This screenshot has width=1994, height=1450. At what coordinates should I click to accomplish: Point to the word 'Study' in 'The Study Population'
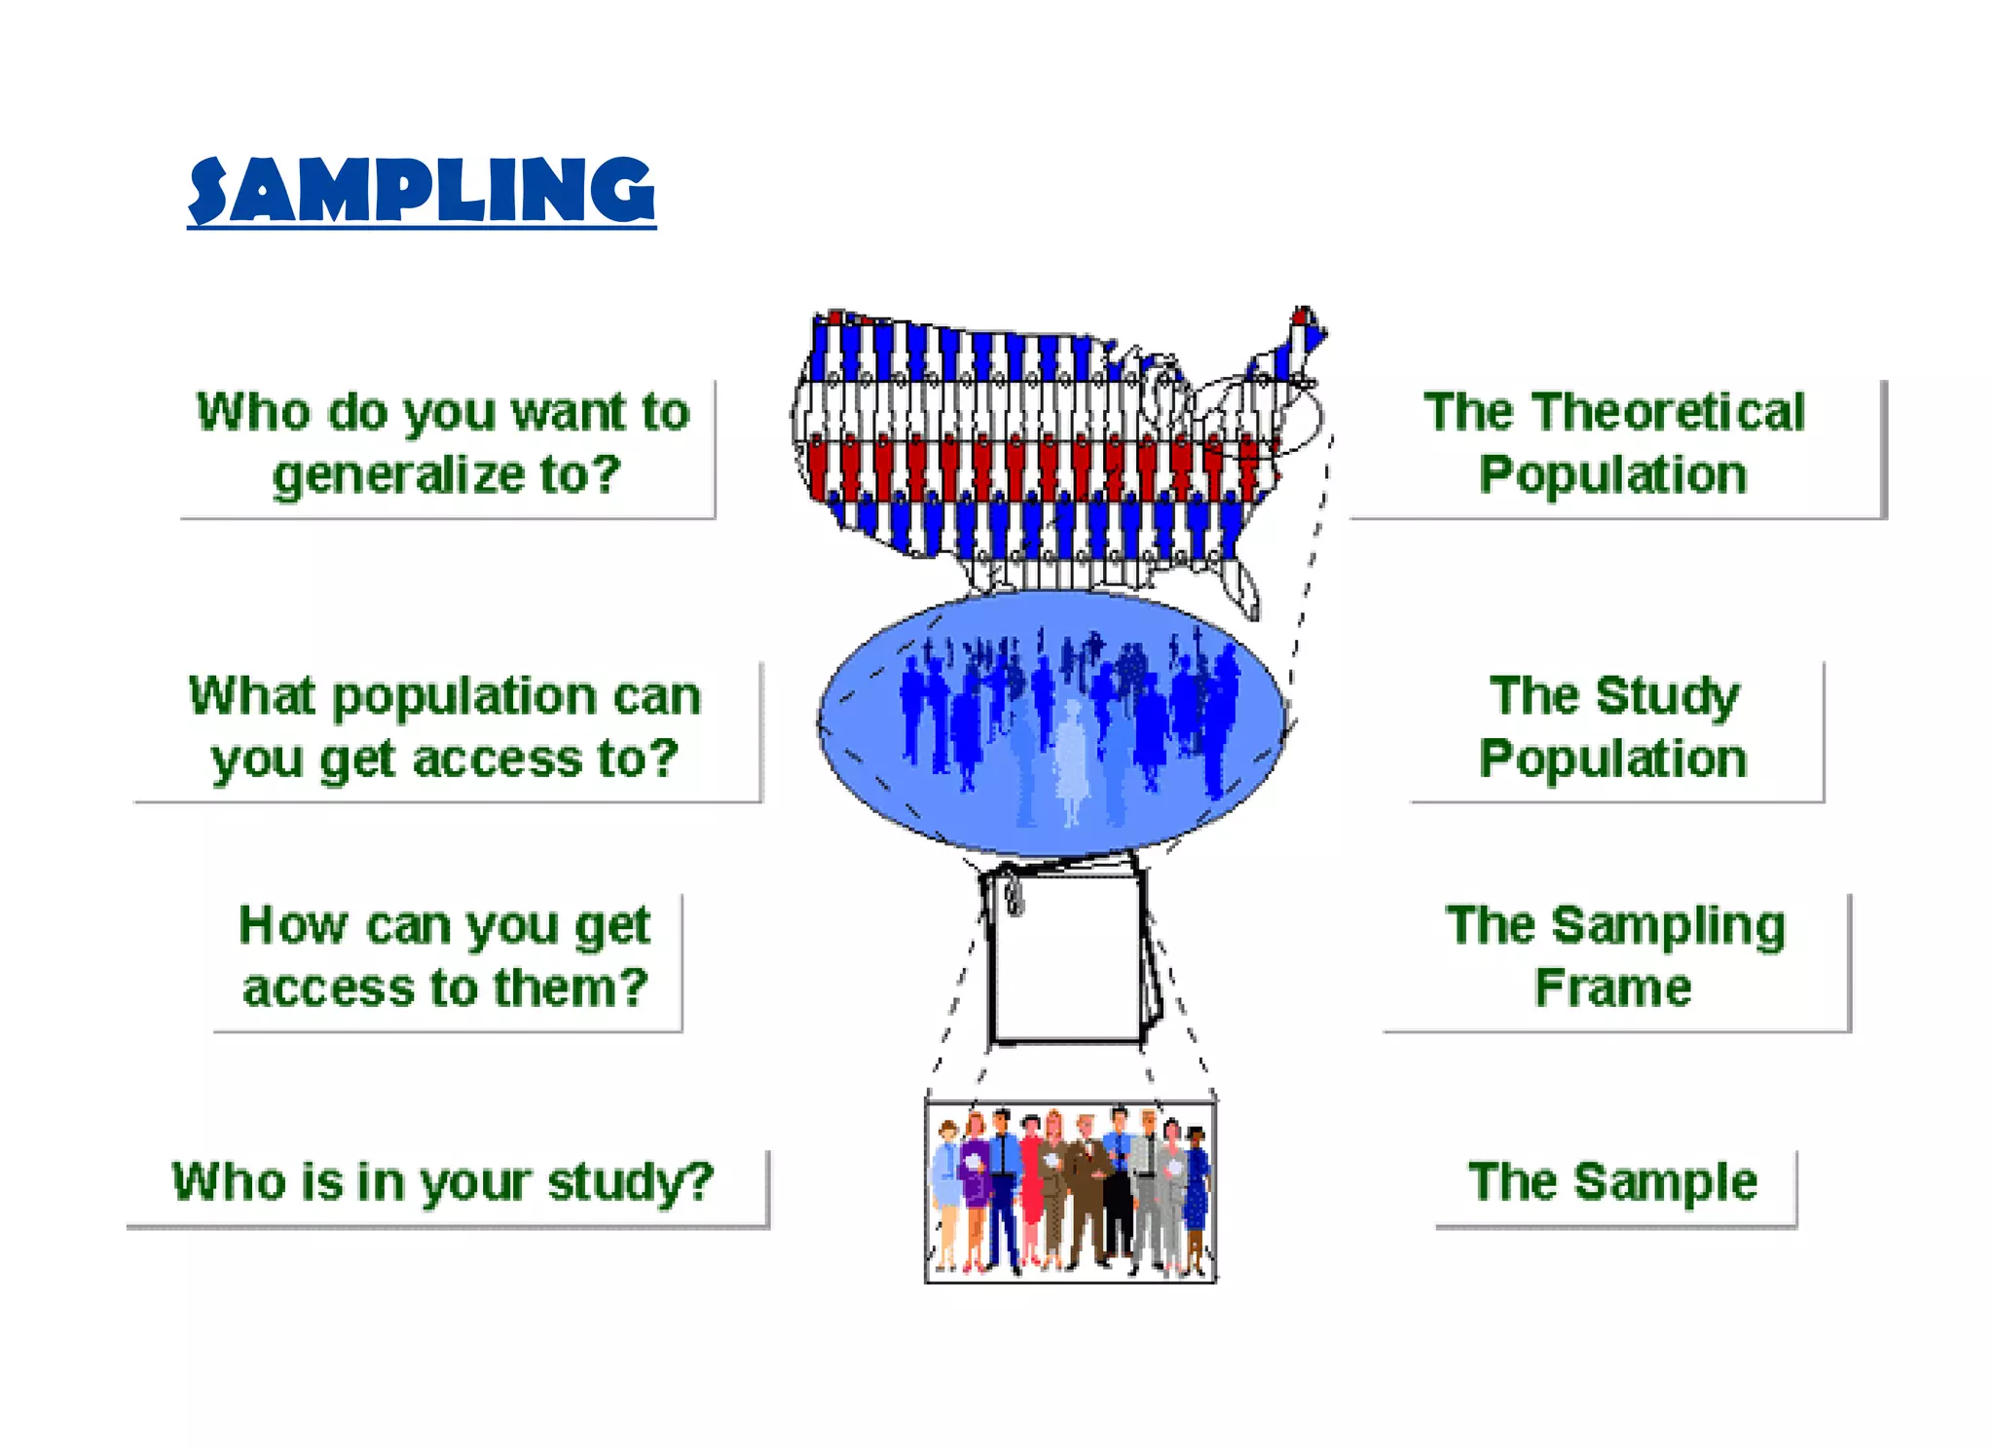click(x=1667, y=696)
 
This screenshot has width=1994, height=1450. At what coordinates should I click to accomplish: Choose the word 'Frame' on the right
click(x=1613, y=987)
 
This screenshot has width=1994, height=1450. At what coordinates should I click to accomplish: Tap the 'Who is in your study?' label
click(x=443, y=1182)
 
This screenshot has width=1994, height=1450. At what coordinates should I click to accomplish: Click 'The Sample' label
click(x=1612, y=1182)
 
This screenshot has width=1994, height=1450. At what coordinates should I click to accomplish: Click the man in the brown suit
click(x=1087, y=1188)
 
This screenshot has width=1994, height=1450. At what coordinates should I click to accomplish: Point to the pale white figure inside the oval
click(x=1071, y=760)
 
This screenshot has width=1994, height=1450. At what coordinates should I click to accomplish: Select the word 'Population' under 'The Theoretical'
click(x=1613, y=475)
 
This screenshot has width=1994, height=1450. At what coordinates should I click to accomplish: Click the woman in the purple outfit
click(x=975, y=1183)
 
